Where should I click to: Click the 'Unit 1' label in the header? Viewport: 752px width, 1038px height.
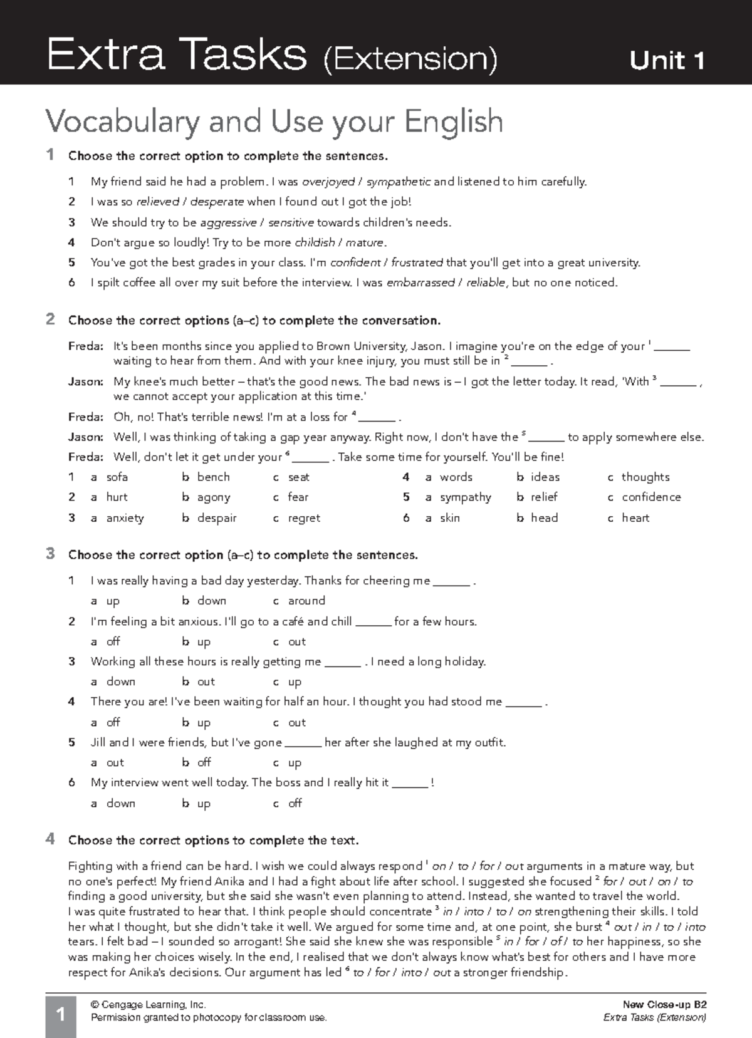(x=667, y=60)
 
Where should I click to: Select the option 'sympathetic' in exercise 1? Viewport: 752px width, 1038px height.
(x=399, y=182)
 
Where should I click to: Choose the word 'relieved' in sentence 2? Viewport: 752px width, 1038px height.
(x=157, y=202)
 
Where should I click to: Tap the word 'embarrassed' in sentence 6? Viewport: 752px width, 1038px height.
(x=420, y=283)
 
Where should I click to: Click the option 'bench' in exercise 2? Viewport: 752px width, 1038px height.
(x=213, y=477)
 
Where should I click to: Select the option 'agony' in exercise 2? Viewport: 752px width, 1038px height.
(x=214, y=497)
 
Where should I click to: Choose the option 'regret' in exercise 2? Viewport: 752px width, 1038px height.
(x=304, y=518)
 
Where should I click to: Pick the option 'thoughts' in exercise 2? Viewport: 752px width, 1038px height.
(x=645, y=477)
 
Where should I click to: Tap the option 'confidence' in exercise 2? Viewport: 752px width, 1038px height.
(x=651, y=497)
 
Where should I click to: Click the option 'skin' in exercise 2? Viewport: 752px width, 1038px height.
(x=449, y=518)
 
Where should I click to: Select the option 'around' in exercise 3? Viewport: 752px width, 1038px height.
(x=306, y=600)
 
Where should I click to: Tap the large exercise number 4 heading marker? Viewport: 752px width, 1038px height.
(x=50, y=839)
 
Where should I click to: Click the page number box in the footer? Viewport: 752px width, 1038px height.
(x=61, y=1014)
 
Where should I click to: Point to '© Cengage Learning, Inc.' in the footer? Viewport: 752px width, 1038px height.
(x=149, y=1004)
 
